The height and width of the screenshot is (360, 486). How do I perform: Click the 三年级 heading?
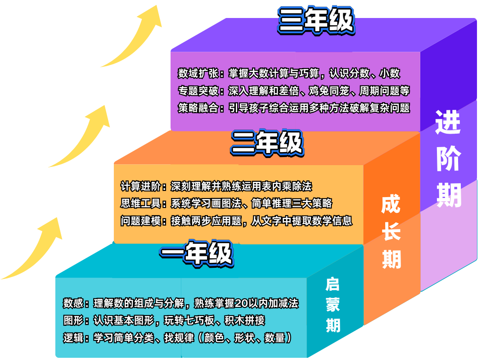coord(316,21)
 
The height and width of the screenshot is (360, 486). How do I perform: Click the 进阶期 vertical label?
coord(448,160)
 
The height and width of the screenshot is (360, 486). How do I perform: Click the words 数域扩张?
coord(198,73)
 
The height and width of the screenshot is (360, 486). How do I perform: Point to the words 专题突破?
coord(198,91)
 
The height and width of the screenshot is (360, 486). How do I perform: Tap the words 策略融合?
coord(198,108)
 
